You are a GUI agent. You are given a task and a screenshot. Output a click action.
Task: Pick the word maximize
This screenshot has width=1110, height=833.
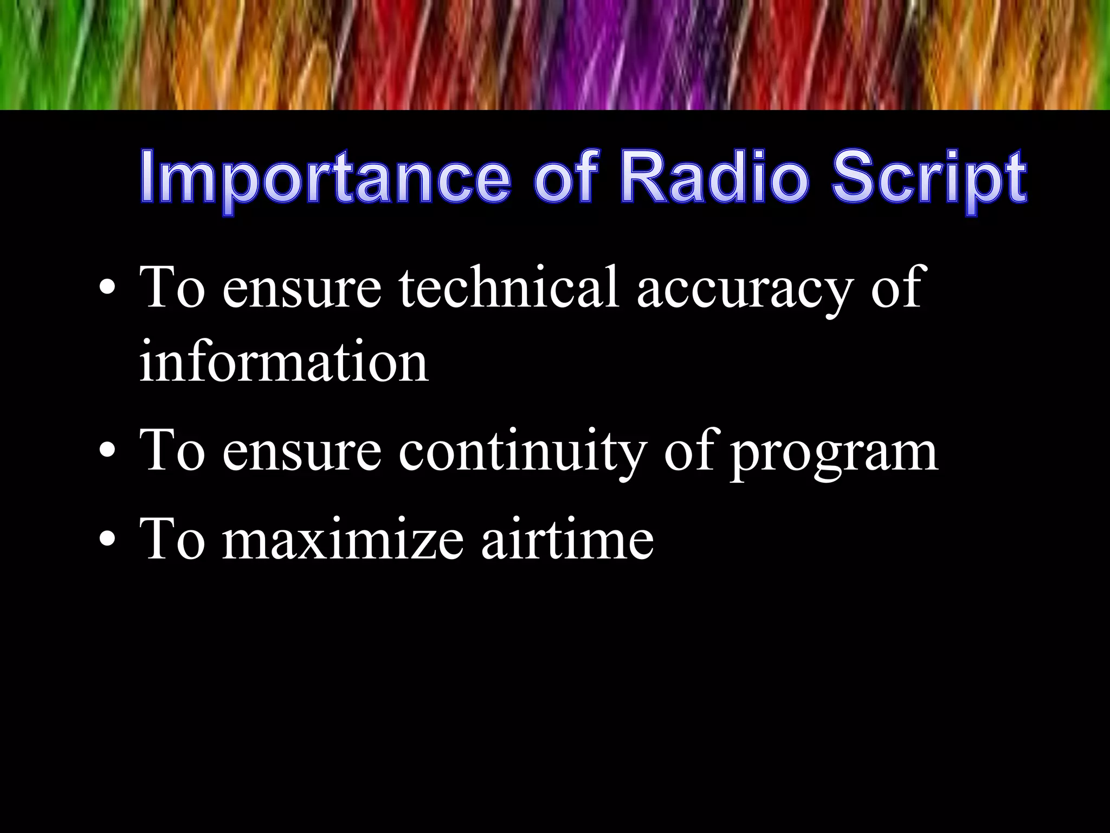point(343,540)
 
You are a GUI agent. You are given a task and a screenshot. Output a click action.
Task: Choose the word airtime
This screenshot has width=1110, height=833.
point(567,540)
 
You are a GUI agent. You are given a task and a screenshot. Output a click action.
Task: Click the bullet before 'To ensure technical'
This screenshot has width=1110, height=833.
point(107,288)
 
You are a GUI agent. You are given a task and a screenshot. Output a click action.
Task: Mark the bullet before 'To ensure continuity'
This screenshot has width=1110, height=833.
point(107,451)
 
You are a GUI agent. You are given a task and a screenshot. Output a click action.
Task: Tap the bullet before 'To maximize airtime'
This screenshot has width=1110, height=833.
point(107,539)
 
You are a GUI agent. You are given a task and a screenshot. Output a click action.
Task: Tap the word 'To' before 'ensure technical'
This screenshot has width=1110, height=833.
point(172,287)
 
